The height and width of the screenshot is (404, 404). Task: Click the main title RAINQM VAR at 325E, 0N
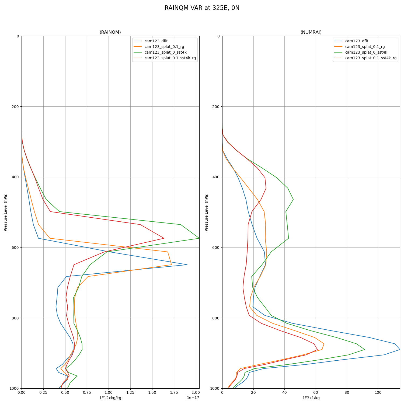202,8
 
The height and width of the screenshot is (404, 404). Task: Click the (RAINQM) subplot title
110,32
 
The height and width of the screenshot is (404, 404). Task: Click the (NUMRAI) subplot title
311,32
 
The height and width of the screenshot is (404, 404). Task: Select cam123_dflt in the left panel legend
156,41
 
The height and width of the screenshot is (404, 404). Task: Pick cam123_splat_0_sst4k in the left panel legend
165,53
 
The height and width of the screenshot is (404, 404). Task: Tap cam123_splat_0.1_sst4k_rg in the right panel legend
371,58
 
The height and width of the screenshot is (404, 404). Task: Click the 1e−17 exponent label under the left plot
193,398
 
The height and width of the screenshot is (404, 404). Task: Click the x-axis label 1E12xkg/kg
110,398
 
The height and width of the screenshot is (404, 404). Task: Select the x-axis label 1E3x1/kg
311,398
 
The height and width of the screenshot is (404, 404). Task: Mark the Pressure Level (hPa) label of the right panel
207,212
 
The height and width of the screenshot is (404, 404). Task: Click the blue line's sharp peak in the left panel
187,265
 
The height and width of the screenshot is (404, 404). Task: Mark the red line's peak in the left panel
164,238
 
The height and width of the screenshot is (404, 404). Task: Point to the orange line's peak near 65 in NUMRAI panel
324,344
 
